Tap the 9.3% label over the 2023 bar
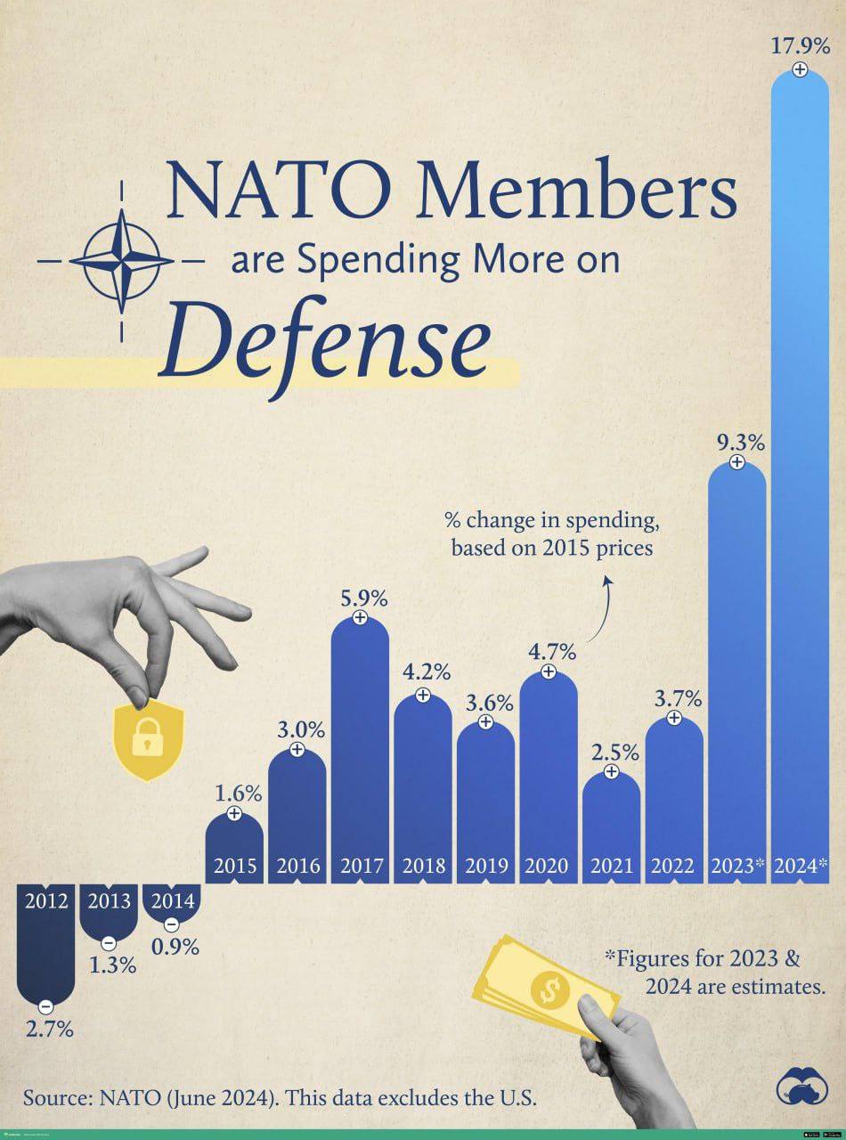[736, 442]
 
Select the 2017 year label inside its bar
[360, 865]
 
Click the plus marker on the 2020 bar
[549, 672]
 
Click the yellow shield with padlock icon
[149, 738]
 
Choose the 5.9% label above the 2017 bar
[360, 598]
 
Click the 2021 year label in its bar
[611, 865]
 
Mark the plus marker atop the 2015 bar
[234, 813]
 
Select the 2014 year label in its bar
[172, 900]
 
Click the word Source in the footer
[53, 1097]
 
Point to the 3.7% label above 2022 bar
[674, 698]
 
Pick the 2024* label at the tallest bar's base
[800, 865]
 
